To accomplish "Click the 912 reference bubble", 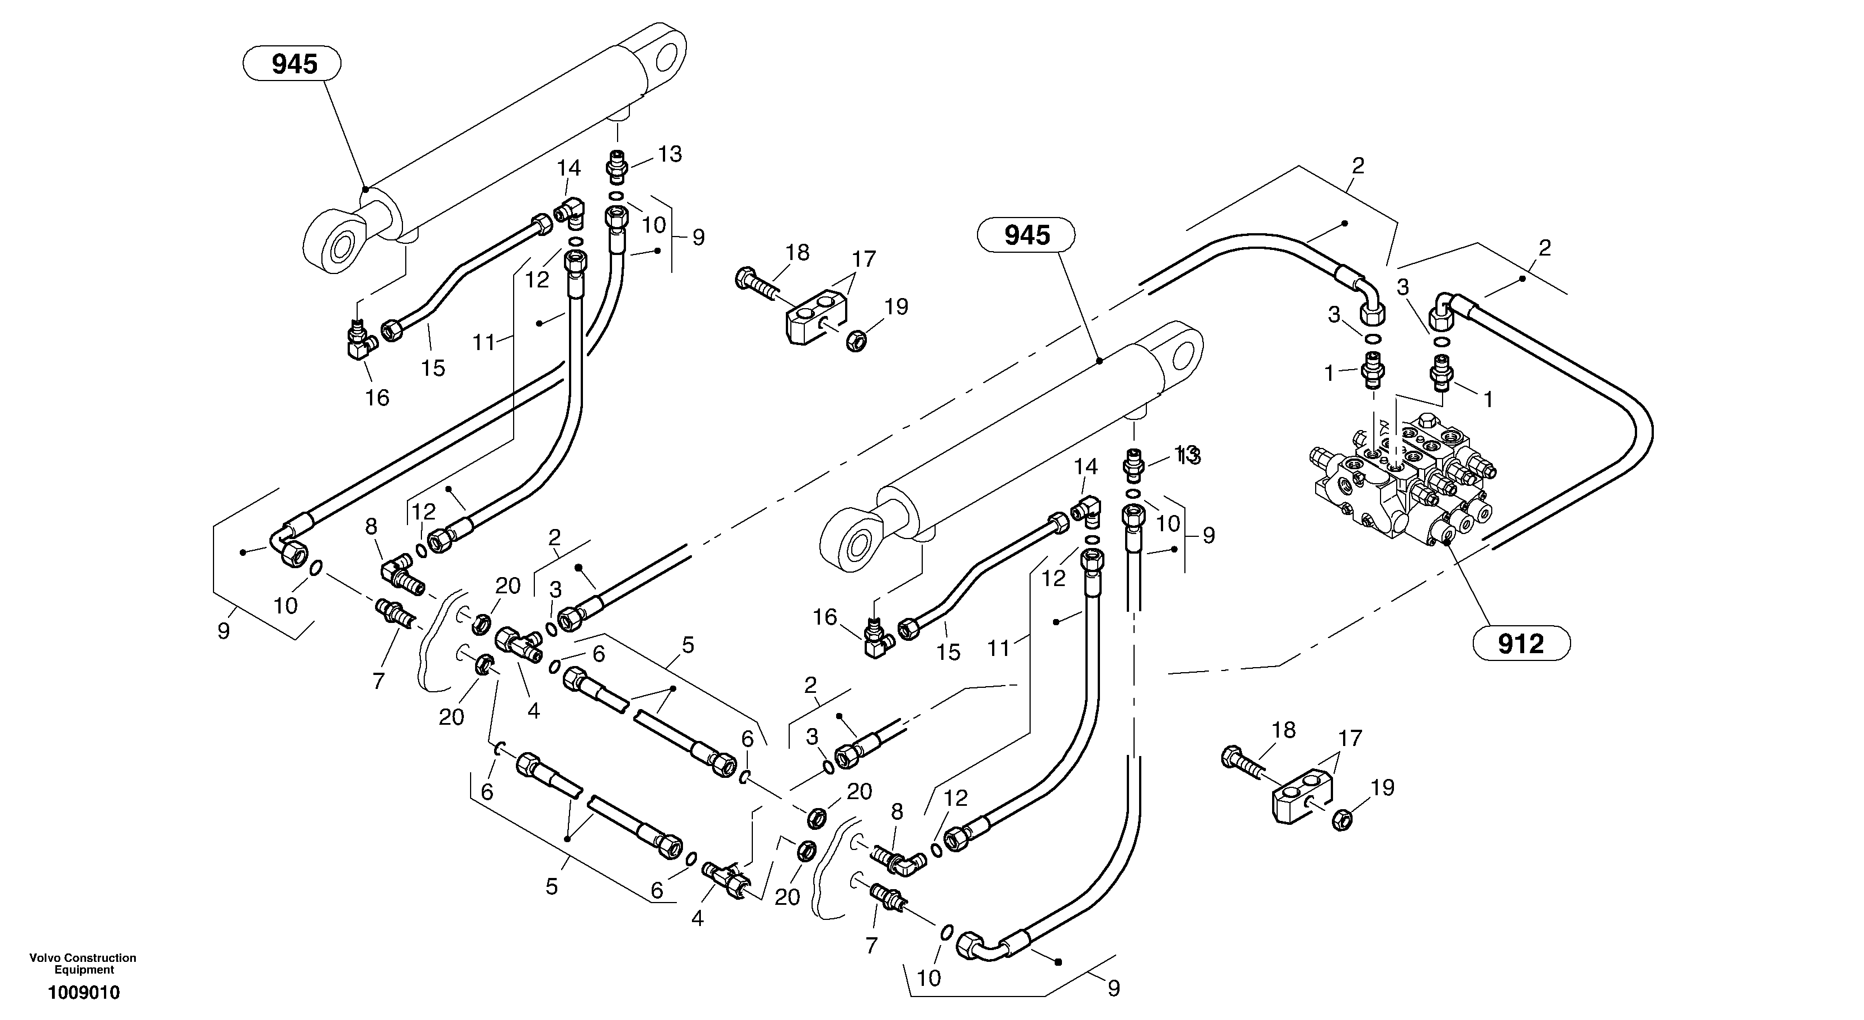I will pos(1521,644).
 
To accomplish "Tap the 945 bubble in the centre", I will pos(1026,235).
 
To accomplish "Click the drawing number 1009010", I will pos(84,993).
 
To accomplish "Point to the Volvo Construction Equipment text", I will pos(83,964).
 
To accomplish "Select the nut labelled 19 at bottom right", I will pos(1343,821).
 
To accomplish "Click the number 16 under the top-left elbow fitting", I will pos(377,398).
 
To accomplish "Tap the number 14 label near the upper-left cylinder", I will pos(569,168).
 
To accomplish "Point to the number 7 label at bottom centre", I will pos(871,946).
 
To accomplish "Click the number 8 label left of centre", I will pos(371,526).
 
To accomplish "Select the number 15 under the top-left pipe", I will pos(433,368).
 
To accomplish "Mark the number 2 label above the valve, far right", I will pos(1545,248).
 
